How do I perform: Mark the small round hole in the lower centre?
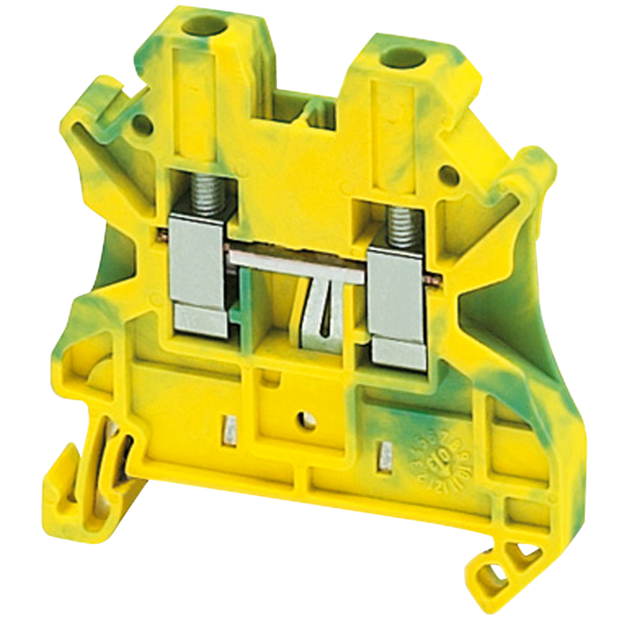[306, 420]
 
